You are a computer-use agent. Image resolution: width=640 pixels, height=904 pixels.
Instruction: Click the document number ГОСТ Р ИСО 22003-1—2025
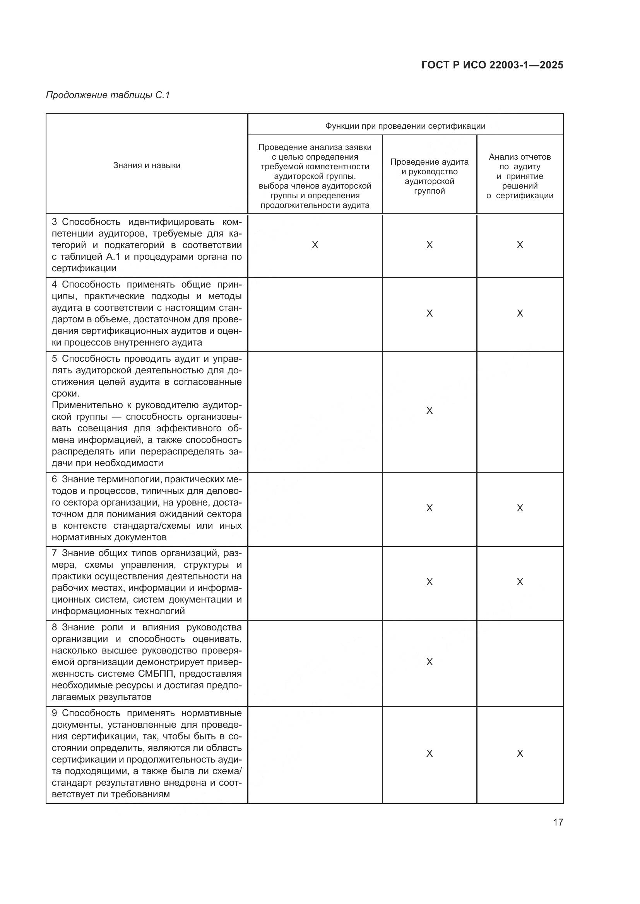[492, 65]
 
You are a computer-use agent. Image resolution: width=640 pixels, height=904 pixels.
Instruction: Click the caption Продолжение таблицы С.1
[108, 95]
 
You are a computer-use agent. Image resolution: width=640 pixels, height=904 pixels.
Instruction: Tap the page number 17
[558, 822]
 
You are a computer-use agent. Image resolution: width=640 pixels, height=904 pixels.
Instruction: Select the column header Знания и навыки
[147, 165]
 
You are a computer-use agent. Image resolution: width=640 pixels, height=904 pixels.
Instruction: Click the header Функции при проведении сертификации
[405, 126]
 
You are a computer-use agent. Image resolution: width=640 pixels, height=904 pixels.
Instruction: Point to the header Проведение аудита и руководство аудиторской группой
[429, 176]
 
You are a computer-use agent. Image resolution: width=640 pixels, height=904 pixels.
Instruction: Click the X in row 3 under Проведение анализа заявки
[315, 245]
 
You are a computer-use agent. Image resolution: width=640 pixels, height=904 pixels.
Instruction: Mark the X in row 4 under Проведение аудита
[429, 313]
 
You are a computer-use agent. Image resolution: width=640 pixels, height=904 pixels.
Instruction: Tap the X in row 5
[429, 411]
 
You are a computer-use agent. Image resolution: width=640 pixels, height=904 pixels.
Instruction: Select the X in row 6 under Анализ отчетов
[520, 508]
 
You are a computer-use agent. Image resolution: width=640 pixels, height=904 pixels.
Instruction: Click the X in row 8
[429, 662]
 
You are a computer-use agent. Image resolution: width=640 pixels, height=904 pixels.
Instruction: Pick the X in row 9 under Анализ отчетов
[520, 754]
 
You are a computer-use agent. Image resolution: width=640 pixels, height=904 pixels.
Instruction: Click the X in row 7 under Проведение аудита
[429, 582]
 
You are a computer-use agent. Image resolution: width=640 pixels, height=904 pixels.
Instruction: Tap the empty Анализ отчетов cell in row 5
[520, 412]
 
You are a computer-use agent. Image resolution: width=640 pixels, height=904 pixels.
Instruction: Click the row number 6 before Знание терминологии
[55, 479]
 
